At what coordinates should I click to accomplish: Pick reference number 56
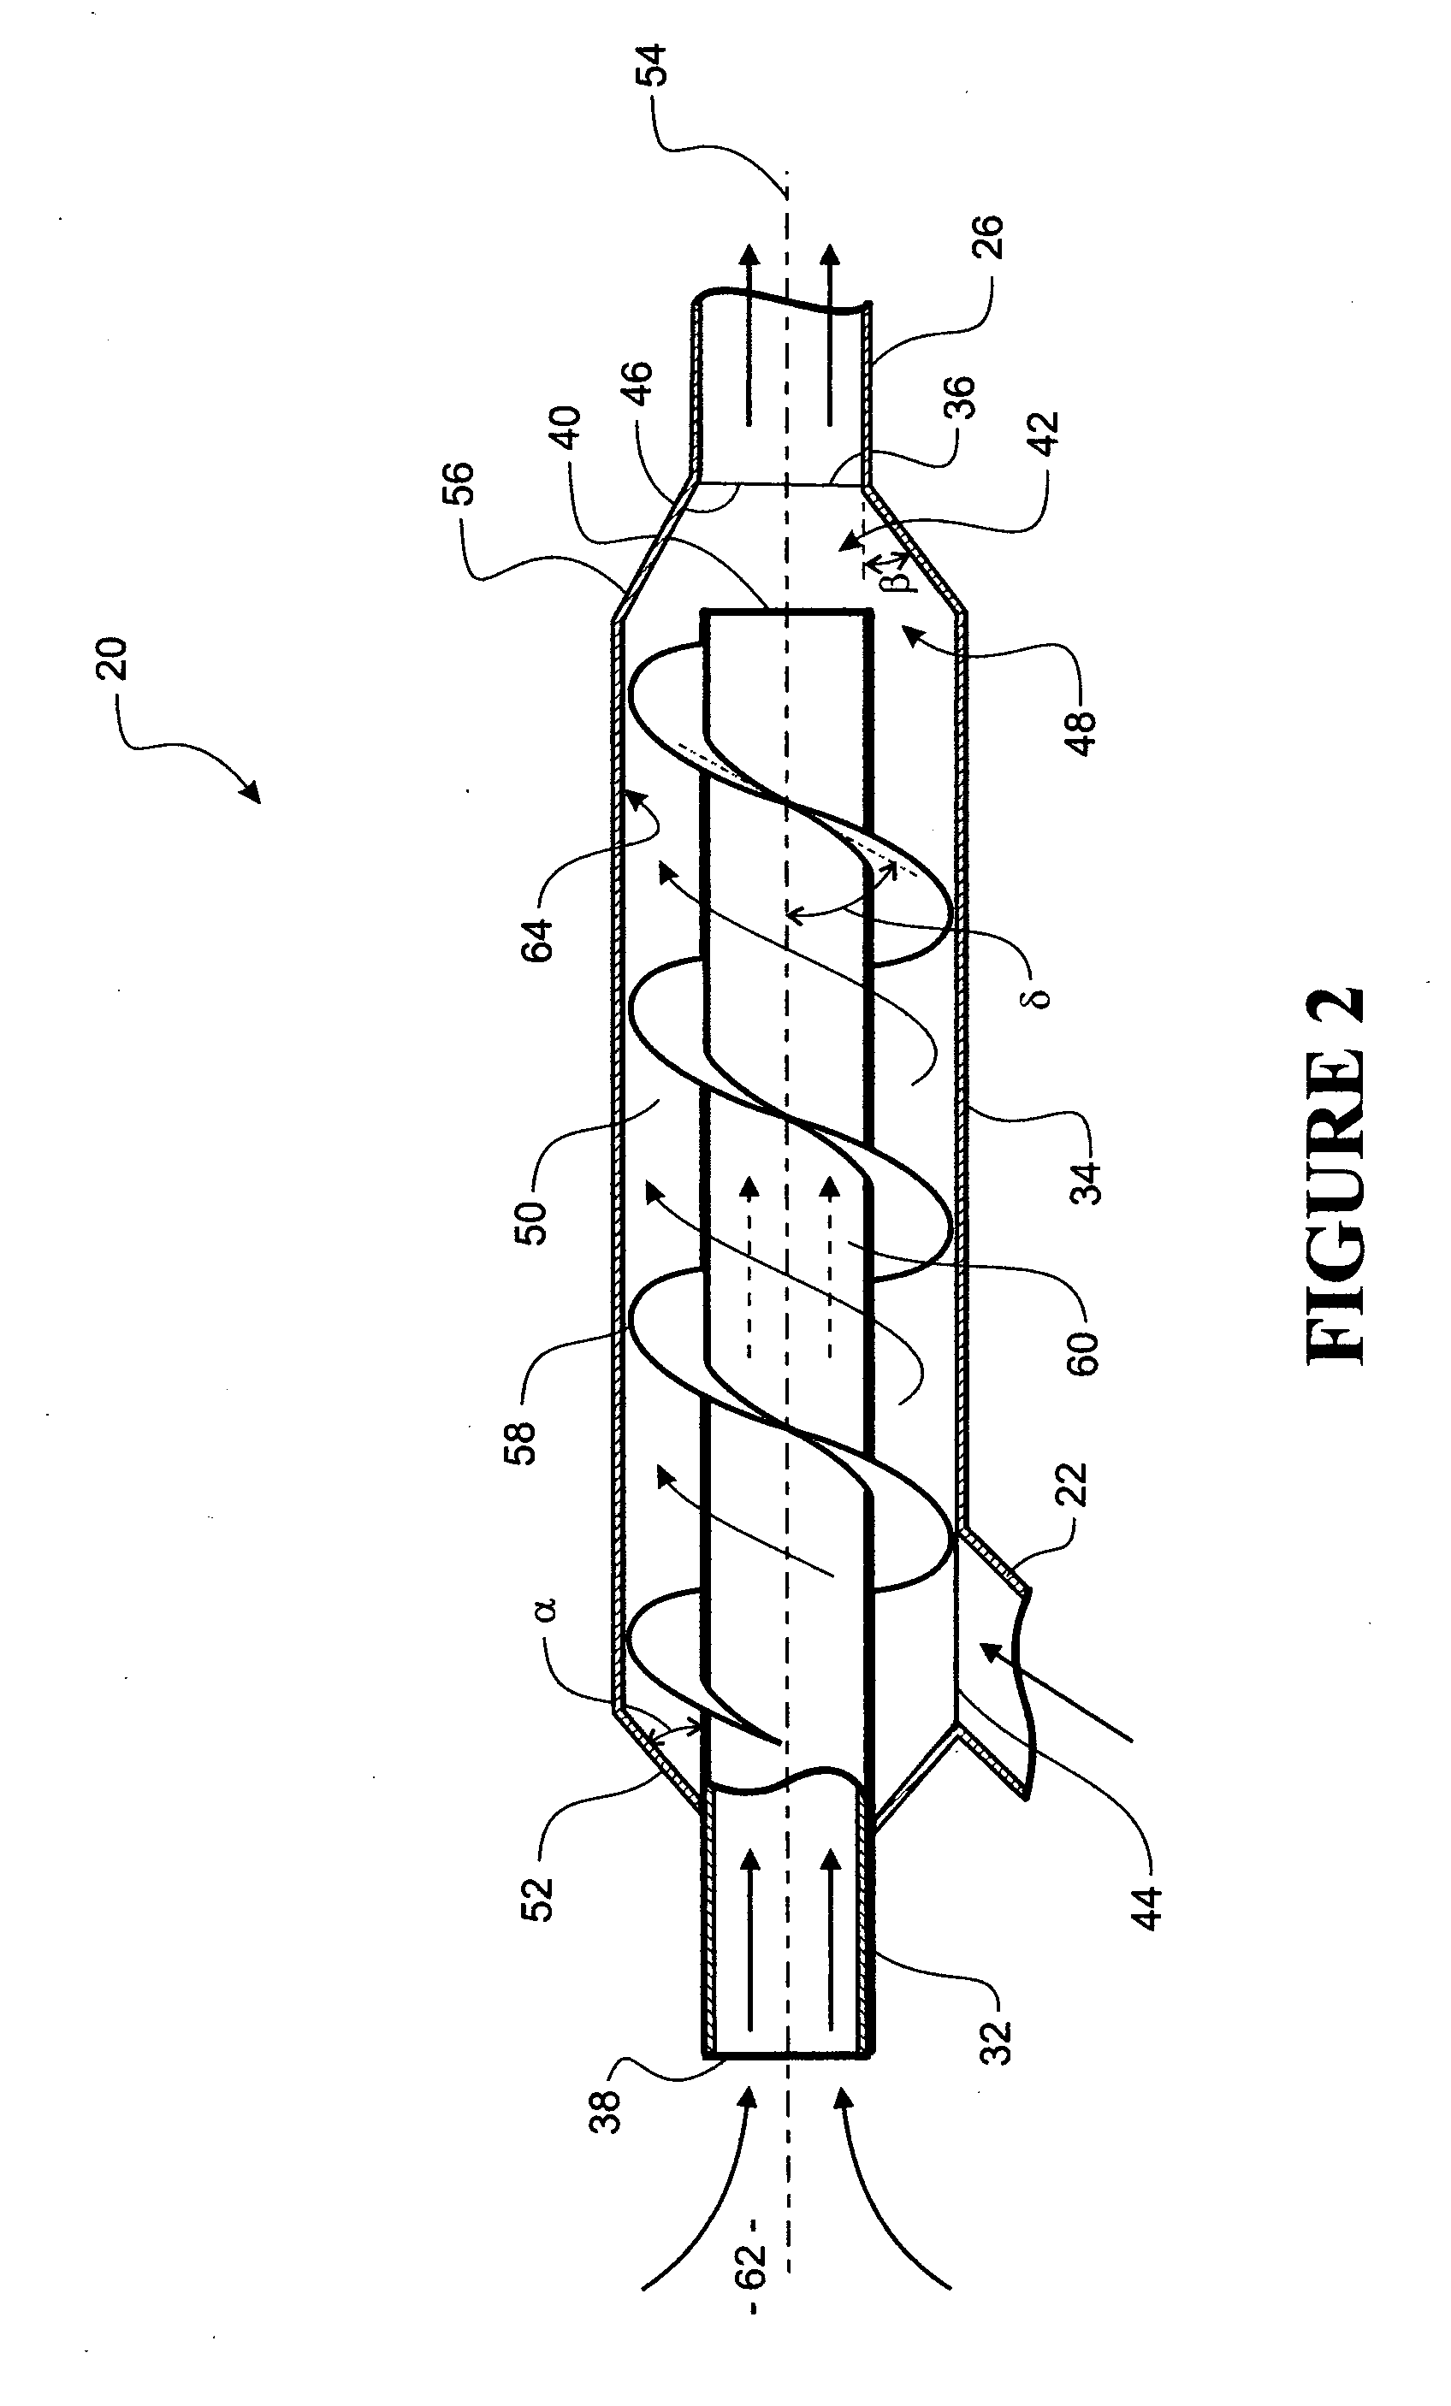coord(460,482)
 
